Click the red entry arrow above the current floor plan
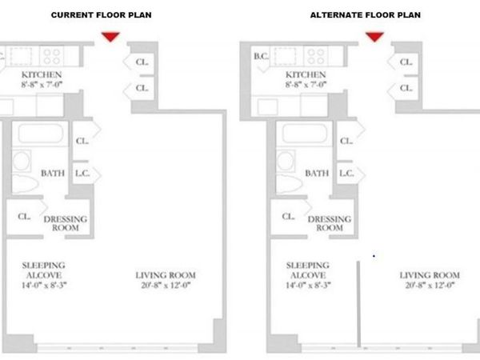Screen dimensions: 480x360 [110, 36]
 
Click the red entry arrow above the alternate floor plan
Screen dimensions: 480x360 [374, 36]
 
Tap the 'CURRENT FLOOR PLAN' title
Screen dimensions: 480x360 [102, 14]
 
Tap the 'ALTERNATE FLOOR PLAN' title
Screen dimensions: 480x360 [366, 14]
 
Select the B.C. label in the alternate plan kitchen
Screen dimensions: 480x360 [261, 56]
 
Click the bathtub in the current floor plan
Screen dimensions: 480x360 [41, 134]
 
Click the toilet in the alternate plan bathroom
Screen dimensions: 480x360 [289, 184]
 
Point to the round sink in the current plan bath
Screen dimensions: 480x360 [22, 161]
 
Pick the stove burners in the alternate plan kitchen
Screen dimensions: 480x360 [316, 56]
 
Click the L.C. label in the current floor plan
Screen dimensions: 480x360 [82, 174]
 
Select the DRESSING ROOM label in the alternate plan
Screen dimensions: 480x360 [330, 223]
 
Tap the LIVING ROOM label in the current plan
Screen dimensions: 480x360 [166, 275]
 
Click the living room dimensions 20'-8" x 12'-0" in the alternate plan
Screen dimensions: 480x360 [430, 286]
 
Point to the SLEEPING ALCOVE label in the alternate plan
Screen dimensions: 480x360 [308, 270]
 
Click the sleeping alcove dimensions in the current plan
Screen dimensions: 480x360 [44, 286]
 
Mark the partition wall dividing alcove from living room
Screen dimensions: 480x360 [358, 304]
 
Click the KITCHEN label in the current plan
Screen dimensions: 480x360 [42, 74]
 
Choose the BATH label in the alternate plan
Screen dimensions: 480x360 [317, 174]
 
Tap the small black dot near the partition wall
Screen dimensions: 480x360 [374, 256]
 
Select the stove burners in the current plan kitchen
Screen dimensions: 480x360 [52, 56]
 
